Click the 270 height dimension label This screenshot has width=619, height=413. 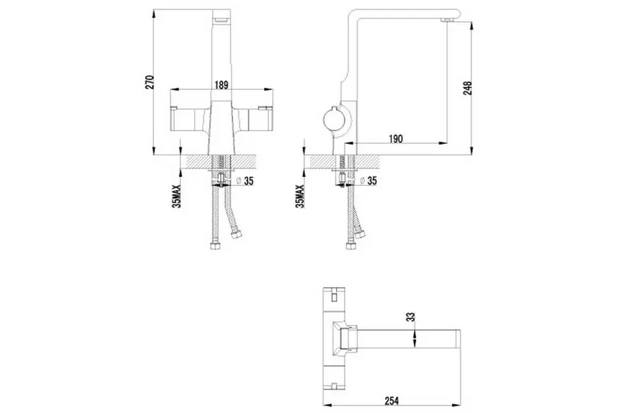[x=150, y=82]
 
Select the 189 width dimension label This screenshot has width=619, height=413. [x=221, y=85]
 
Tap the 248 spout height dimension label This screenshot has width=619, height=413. [x=468, y=88]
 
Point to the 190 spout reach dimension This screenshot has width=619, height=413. [x=396, y=139]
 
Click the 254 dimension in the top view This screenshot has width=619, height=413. [x=391, y=401]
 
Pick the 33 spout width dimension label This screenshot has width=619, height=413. [x=411, y=317]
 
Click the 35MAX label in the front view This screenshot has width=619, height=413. [x=177, y=196]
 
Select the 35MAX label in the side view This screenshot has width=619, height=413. [x=301, y=196]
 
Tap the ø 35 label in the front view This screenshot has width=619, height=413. [x=245, y=181]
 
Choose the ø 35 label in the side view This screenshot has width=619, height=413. [x=369, y=181]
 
